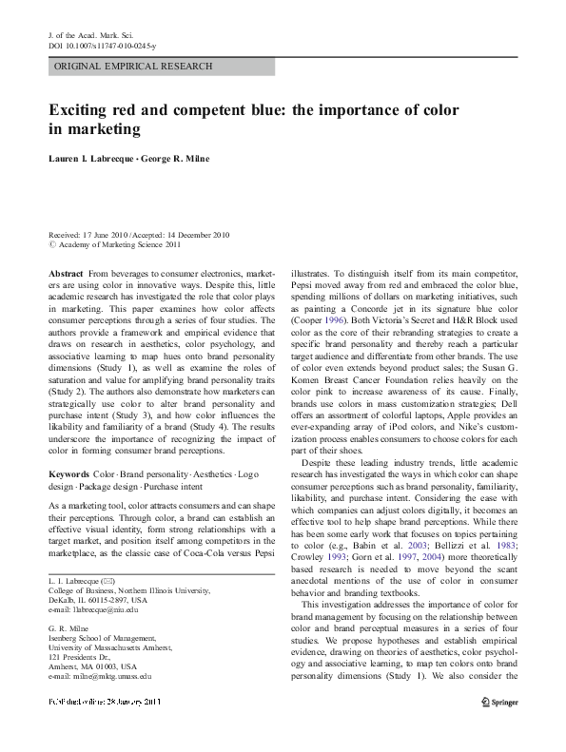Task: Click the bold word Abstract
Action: (x=66, y=273)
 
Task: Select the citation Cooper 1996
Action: (x=318, y=322)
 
